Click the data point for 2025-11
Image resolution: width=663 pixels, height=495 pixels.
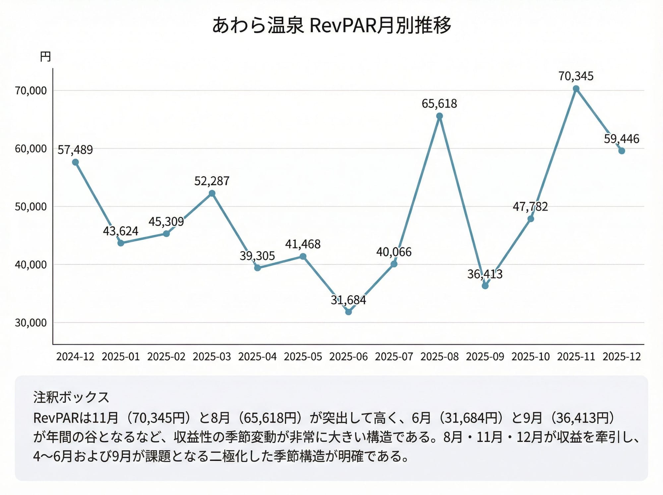click(576, 89)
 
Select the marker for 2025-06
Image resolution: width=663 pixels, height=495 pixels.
click(348, 312)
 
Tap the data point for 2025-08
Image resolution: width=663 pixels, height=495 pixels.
click(439, 116)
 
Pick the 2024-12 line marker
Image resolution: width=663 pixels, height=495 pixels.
click(75, 162)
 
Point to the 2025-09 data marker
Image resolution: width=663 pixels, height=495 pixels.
click(485, 286)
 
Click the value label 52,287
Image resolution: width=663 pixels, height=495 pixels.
click(211, 181)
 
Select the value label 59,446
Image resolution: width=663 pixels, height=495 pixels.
click(621, 139)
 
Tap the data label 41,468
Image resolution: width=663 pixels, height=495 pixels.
click(303, 244)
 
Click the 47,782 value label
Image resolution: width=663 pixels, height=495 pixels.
click(530, 207)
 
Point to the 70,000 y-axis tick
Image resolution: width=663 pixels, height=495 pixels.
click(31, 91)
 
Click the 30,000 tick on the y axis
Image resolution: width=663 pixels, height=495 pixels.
click(31, 323)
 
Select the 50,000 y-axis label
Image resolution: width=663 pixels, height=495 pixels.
click(31, 207)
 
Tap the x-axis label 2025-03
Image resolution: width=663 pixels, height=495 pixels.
click(211, 357)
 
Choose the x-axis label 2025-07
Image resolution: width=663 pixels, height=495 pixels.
click(394, 357)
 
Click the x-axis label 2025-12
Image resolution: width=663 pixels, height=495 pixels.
click(621, 357)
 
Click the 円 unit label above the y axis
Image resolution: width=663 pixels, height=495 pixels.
click(45, 57)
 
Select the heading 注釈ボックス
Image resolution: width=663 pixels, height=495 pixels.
click(71, 397)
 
